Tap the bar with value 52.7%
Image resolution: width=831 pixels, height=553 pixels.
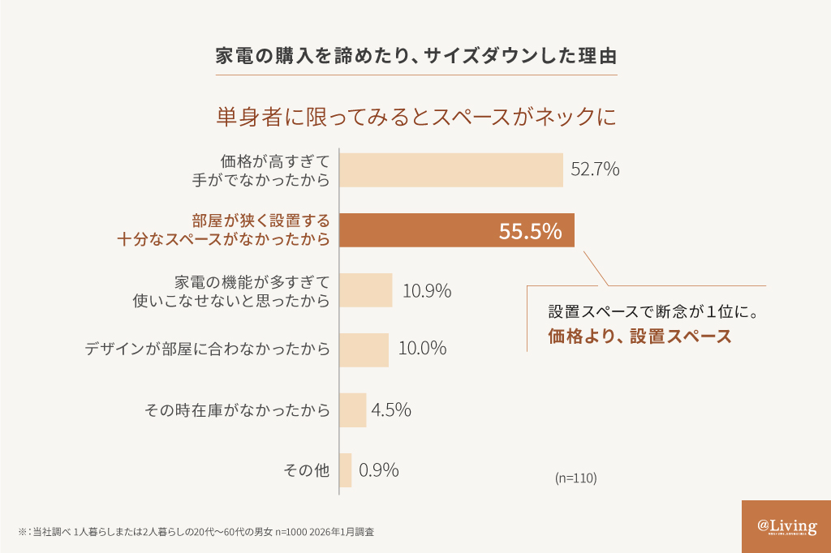coord(450,170)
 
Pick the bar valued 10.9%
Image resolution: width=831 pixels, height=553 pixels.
coord(365,289)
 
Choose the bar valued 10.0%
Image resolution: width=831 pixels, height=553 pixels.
coord(364,349)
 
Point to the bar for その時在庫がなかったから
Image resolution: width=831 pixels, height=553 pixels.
coord(353,409)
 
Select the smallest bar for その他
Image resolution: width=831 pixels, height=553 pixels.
coord(346,470)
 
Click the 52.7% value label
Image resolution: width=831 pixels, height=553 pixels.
coord(595,169)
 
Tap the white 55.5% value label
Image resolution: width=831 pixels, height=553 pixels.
coord(530,231)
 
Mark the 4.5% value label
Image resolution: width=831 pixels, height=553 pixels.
coord(391,409)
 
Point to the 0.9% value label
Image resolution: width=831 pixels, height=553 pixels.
coord(379,470)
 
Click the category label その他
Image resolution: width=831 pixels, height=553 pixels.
coord(306,470)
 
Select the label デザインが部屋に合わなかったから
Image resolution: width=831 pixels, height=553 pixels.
coord(208,349)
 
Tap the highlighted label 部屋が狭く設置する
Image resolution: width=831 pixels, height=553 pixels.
coord(261,221)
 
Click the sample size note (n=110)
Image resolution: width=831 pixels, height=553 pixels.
coord(576,478)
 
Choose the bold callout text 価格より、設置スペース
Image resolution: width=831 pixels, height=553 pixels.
coord(639,337)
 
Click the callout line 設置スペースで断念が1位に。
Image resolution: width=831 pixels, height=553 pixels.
coord(657,311)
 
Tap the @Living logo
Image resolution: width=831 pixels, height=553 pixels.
coord(786,526)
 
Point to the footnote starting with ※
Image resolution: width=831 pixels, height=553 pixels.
coord(195,532)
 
